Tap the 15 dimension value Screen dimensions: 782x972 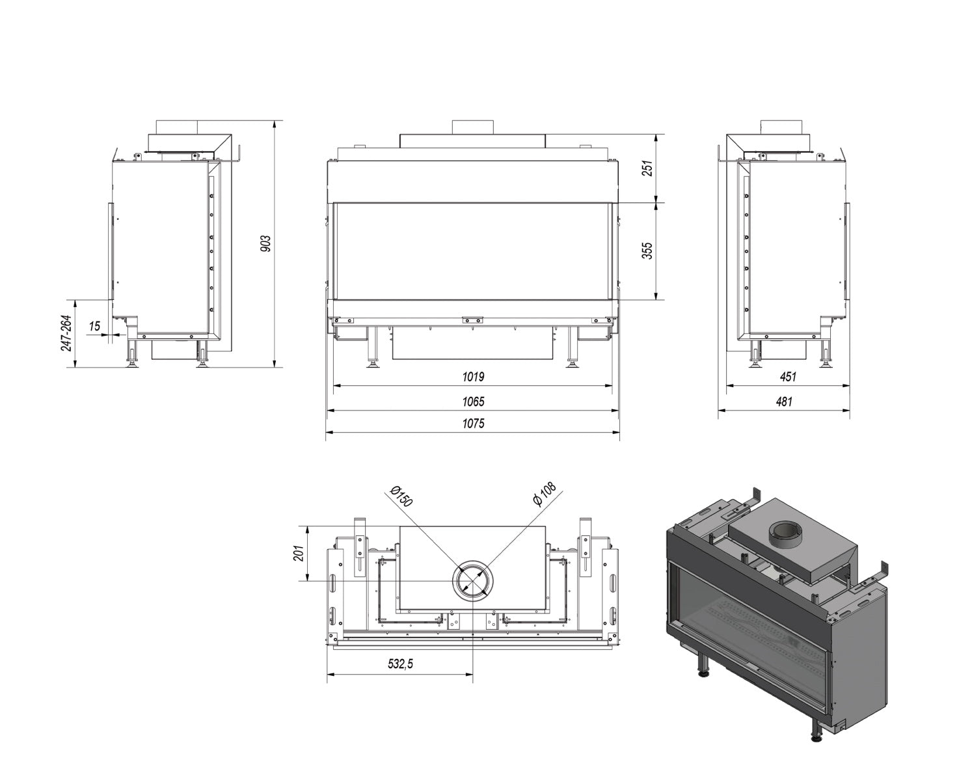[x=96, y=326]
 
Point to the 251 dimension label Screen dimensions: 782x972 [x=647, y=169]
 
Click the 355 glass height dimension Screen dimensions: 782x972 [x=647, y=251]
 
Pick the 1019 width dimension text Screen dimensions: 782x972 [x=473, y=377]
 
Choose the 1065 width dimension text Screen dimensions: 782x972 [x=473, y=402]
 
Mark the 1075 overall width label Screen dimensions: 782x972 [x=473, y=424]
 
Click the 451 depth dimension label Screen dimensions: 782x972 [x=787, y=377]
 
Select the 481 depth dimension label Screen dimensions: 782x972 [x=784, y=402]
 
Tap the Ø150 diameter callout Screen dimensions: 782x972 [x=401, y=496]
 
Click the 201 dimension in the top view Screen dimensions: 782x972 [x=299, y=553]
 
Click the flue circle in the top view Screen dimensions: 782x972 [x=473, y=581]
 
